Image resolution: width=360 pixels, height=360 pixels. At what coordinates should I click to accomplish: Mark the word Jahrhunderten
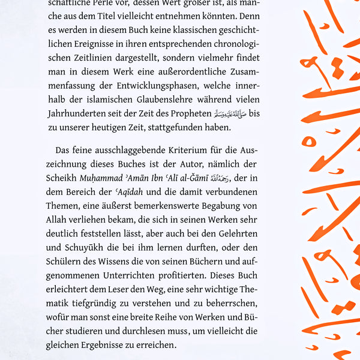point(74,115)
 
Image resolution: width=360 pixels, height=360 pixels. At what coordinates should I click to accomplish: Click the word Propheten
point(190,115)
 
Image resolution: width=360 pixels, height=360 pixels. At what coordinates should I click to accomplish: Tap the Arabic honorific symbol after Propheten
point(229,115)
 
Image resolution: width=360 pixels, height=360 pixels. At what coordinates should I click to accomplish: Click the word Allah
point(58,220)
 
